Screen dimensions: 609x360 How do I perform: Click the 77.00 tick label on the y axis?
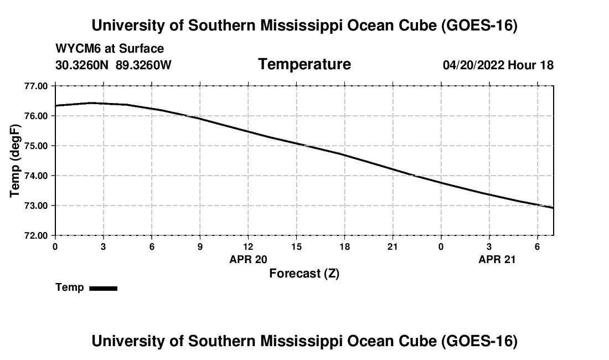click(x=36, y=86)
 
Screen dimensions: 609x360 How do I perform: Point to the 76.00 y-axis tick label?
click(x=36, y=116)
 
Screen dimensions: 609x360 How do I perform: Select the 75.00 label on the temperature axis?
click(x=36, y=146)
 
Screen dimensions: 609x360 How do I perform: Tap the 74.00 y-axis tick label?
click(x=36, y=176)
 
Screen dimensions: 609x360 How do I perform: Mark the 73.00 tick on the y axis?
click(x=36, y=205)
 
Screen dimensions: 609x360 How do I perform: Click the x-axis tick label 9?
click(x=200, y=246)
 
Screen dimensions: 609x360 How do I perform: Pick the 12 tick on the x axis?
click(x=248, y=246)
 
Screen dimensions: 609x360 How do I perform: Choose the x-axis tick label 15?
click(x=296, y=246)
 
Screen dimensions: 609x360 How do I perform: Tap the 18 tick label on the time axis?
click(x=344, y=246)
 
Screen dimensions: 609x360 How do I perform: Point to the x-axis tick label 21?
click(x=393, y=246)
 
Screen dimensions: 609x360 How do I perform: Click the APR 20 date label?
click(x=248, y=259)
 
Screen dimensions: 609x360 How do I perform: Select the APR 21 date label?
click(x=497, y=259)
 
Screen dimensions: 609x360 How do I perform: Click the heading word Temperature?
click(x=304, y=64)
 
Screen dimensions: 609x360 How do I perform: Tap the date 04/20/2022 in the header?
click(x=473, y=65)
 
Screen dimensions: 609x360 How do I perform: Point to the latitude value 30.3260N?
click(x=82, y=65)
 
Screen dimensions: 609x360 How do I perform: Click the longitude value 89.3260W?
click(x=143, y=65)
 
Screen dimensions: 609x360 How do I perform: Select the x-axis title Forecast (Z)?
click(x=304, y=274)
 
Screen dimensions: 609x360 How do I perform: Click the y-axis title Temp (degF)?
click(x=15, y=161)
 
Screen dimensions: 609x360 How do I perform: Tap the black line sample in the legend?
click(x=104, y=288)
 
